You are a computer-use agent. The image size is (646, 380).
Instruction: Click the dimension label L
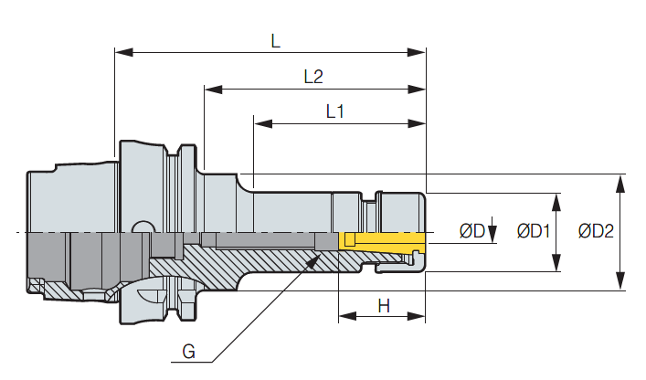tap(276, 39)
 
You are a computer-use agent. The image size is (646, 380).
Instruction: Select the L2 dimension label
tap(313, 77)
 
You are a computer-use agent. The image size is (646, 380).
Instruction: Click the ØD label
tap(471, 231)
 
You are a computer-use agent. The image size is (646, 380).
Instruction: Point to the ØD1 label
tap(533, 231)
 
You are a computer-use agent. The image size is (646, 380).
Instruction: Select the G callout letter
tap(188, 352)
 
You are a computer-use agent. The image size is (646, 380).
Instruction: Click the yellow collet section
tap(384, 241)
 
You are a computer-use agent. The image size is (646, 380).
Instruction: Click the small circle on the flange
tap(141, 226)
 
